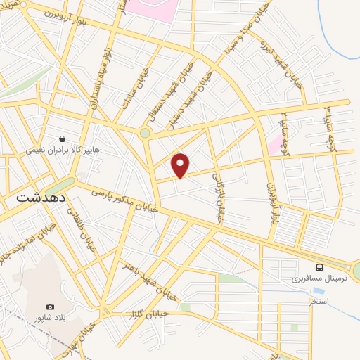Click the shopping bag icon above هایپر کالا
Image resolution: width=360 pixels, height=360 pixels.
[63, 139]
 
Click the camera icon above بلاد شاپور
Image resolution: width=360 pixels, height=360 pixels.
[50, 307]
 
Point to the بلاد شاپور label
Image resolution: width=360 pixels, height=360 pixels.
[53, 318]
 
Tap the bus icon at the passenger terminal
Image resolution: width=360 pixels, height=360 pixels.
[320, 268]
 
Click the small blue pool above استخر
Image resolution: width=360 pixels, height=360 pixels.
[319, 290]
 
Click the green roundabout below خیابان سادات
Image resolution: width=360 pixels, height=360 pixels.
[145, 132]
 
